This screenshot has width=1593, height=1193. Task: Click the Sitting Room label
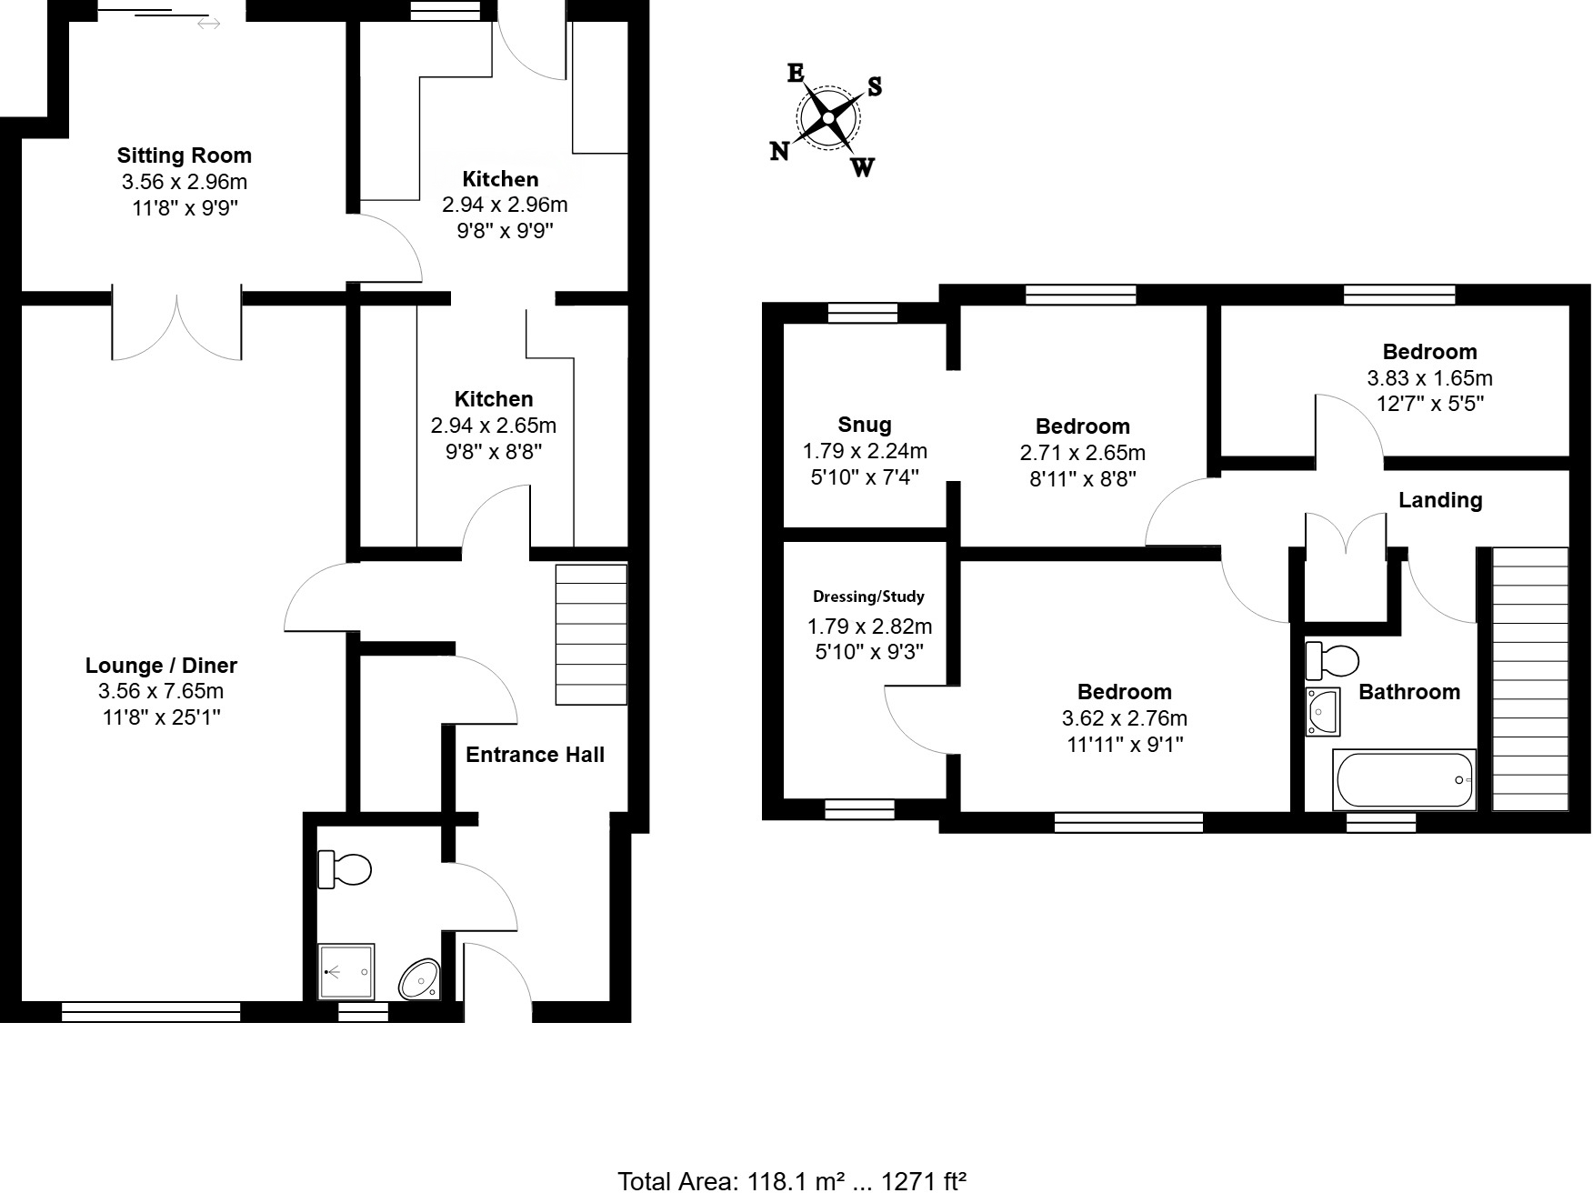click(x=184, y=155)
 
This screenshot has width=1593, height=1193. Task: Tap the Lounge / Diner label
click(x=161, y=666)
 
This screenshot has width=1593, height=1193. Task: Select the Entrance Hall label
click(x=535, y=755)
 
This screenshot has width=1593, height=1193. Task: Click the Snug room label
click(x=864, y=425)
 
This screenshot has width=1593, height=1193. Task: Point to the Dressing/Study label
click(x=868, y=596)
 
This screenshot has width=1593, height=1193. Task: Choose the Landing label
click(x=1439, y=500)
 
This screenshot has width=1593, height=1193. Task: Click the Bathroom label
click(x=1408, y=692)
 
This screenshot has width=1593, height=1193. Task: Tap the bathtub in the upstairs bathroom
click(x=1403, y=779)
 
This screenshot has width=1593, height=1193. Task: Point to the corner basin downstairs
click(x=420, y=979)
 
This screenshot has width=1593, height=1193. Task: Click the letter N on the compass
click(x=779, y=152)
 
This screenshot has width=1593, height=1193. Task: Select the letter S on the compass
click(x=874, y=86)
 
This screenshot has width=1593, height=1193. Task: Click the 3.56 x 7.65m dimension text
click(x=161, y=691)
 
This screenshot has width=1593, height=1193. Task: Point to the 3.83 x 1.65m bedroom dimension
click(x=1429, y=377)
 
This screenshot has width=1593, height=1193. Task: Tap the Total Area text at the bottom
click(x=791, y=1180)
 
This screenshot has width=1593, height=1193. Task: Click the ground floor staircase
click(x=591, y=634)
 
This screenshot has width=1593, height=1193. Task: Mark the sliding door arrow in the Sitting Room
click(x=208, y=24)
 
